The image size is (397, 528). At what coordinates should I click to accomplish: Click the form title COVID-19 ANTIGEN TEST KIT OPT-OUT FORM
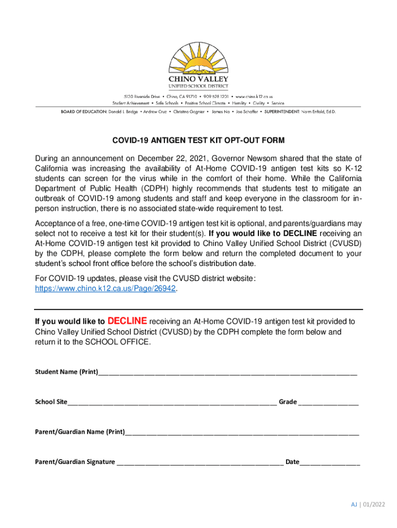coord(198,140)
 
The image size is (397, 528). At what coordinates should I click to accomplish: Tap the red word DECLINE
coord(127,320)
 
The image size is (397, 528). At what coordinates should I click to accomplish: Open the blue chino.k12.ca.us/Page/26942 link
coord(106,290)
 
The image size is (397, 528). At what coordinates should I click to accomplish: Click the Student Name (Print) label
coord(66,372)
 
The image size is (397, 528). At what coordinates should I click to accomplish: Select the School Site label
coord(51,402)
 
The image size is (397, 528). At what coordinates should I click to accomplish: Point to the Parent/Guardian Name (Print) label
coord(79,432)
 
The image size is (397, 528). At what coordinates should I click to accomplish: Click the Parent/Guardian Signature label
coord(75,461)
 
